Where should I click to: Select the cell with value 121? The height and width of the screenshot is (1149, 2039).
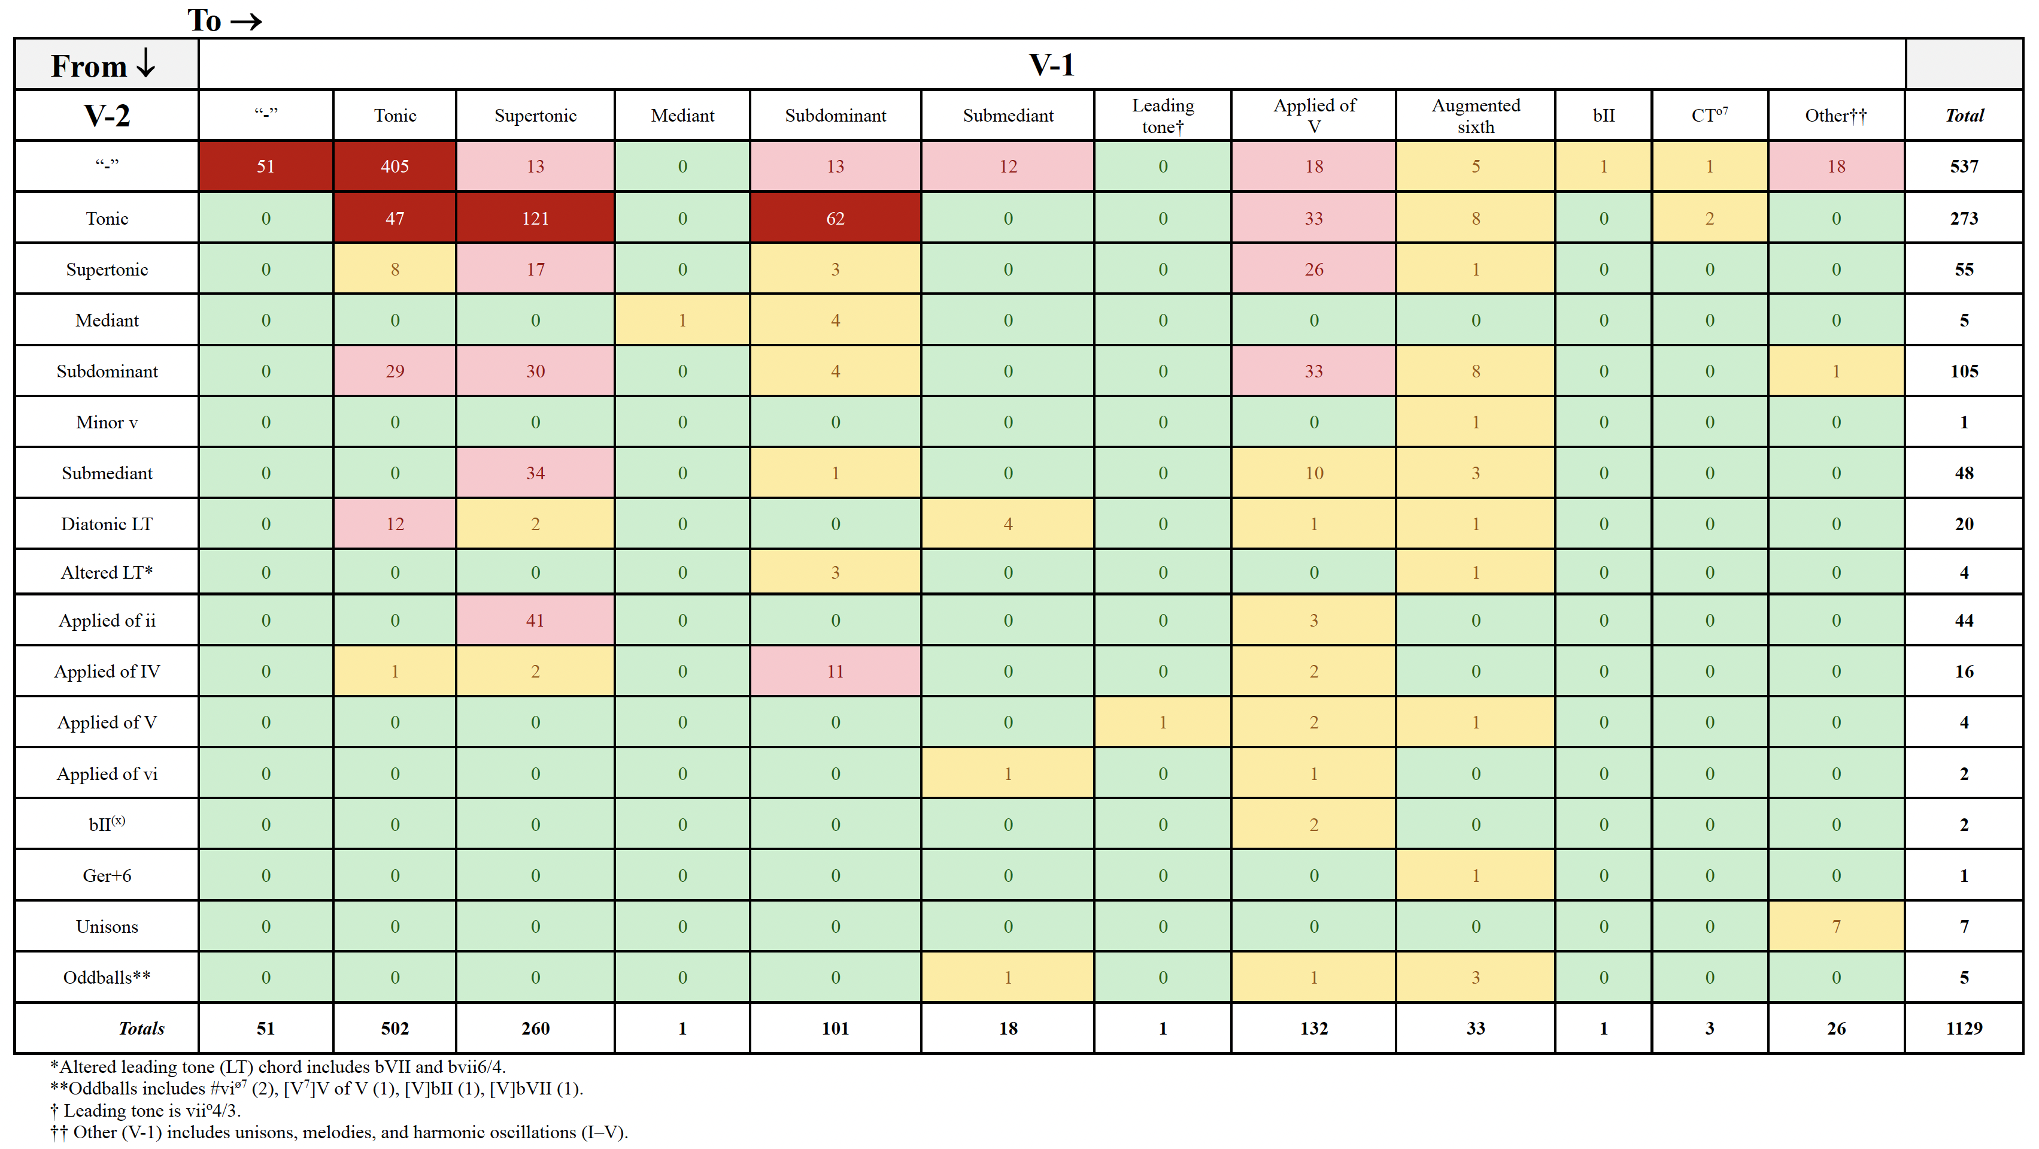click(x=535, y=219)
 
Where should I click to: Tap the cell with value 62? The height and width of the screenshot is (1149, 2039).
click(x=835, y=219)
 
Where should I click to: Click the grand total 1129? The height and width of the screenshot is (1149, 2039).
click(x=1963, y=1028)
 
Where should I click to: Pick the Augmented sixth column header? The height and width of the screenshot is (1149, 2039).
click(x=1476, y=116)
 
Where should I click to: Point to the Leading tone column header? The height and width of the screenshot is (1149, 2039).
click(x=1162, y=116)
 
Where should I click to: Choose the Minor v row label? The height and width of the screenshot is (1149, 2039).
click(x=107, y=422)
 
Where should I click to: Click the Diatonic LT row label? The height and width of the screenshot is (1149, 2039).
click(x=107, y=524)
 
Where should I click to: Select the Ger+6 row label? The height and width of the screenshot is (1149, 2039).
click(x=107, y=876)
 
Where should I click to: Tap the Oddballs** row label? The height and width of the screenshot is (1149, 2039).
click(x=107, y=977)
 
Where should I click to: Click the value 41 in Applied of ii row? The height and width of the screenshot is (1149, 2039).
click(x=535, y=621)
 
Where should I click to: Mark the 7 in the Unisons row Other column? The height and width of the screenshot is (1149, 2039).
click(x=1835, y=927)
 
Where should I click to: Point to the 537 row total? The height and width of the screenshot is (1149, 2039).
click(x=1963, y=167)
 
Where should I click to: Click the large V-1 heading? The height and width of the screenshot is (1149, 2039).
click(x=1051, y=65)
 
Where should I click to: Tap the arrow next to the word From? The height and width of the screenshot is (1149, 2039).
click(x=145, y=64)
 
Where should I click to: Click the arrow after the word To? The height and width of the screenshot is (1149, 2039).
click(x=245, y=22)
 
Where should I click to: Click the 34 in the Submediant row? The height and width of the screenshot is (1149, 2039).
click(x=535, y=473)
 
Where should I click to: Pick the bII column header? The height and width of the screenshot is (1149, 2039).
click(x=1603, y=116)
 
